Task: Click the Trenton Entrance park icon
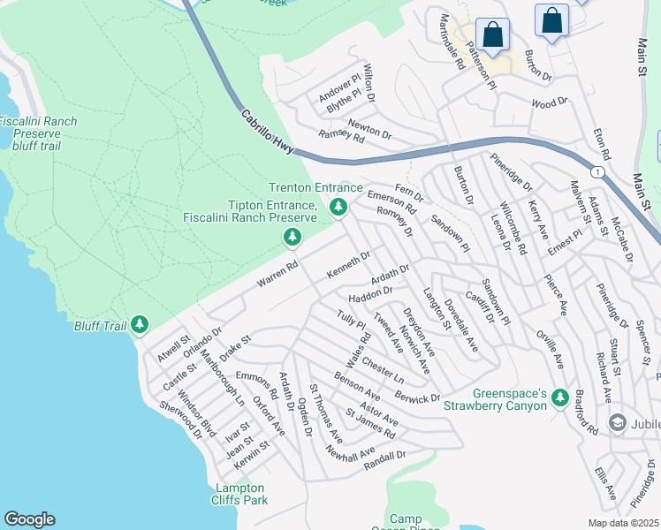tap(338, 207)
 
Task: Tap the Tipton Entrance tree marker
tap(292, 237)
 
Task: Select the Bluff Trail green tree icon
tap(140, 326)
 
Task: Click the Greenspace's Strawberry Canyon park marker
tap(558, 399)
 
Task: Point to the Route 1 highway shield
tap(600, 170)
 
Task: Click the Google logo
tap(29, 519)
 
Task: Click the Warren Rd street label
tap(277, 274)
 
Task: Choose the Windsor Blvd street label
tap(196, 409)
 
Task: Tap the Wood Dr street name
tap(549, 103)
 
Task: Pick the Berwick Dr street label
tap(417, 397)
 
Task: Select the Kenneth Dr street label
tap(347, 262)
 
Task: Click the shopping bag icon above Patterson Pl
tap(493, 36)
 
